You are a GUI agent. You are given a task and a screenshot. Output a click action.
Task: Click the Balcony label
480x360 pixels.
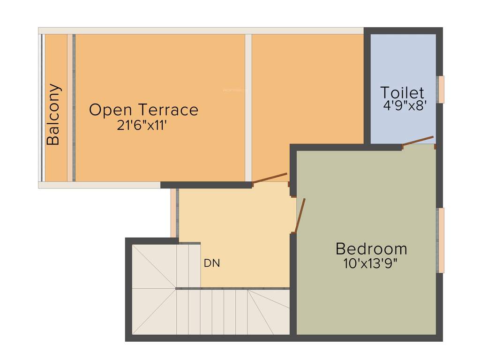[53, 114]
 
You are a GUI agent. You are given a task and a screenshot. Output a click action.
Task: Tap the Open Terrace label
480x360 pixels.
[143, 110]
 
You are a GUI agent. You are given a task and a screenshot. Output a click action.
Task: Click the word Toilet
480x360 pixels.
[402, 93]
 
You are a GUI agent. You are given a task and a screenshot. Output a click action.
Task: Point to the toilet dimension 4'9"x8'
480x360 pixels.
[404, 106]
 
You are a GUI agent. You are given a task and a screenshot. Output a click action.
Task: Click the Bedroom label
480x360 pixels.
[371, 248]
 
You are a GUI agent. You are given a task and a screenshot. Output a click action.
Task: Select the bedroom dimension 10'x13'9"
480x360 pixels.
[370, 263]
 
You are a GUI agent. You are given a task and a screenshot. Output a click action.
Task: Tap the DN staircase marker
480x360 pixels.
[211, 263]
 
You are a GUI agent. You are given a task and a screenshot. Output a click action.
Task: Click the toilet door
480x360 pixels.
[418, 141]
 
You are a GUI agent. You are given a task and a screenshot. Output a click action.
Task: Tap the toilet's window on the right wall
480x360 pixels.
[441, 89]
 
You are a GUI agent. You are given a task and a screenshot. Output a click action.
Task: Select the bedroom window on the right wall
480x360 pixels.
[441, 240]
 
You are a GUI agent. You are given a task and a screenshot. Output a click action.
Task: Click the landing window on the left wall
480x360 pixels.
[173, 213]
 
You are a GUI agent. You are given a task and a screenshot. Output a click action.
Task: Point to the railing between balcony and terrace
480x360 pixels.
[71, 108]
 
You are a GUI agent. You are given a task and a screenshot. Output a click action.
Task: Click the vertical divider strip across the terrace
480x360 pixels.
[248, 108]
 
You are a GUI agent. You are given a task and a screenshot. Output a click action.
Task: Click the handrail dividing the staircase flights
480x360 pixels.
[232, 288]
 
